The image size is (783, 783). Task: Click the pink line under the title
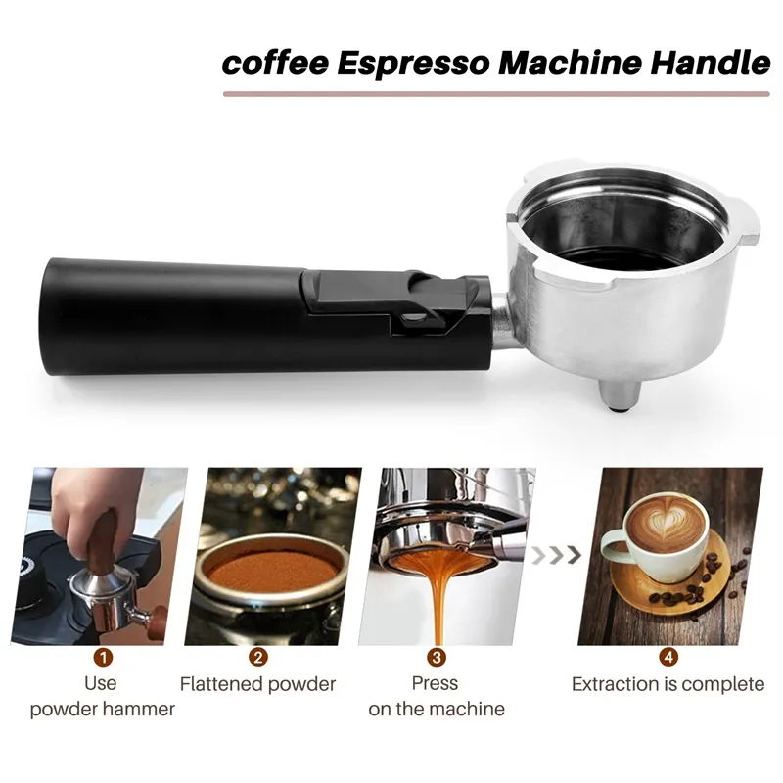(x=497, y=94)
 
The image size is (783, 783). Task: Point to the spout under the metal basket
(x=617, y=395)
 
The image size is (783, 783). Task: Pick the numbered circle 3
(x=437, y=657)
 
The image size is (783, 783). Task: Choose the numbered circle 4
(x=668, y=657)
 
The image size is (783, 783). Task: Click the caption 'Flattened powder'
(x=257, y=684)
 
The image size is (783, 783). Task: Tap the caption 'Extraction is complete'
(x=668, y=684)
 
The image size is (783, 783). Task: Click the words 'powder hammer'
(x=102, y=709)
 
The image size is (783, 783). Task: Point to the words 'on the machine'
(x=437, y=709)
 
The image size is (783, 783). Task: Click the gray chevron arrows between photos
(x=563, y=555)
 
